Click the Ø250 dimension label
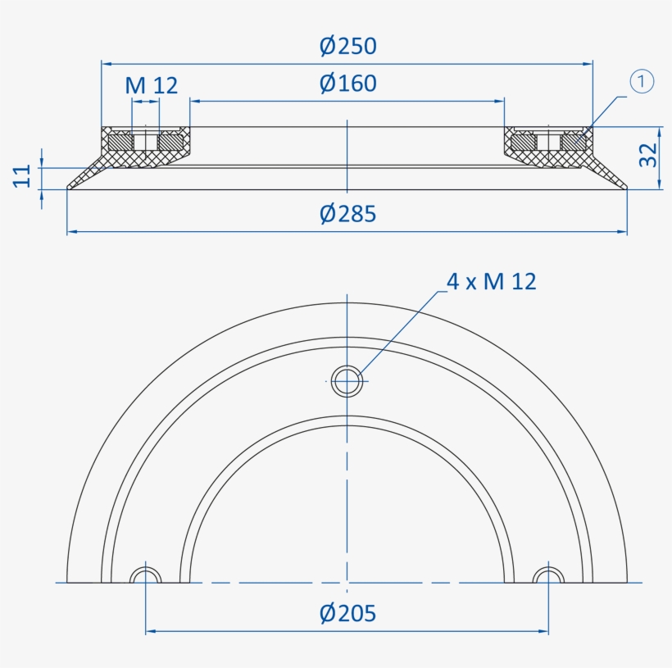tap(347, 46)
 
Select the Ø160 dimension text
tap(347, 84)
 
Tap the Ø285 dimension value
tap(347, 214)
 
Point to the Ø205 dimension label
tap(347, 613)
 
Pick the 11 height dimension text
tap(23, 175)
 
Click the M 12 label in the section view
tap(151, 85)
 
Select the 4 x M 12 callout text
tap(491, 282)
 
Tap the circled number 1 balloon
tap(642, 81)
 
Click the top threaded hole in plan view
tap(347, 379)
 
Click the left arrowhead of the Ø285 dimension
tap(71, 232)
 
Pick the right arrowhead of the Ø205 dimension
tap(544, 632)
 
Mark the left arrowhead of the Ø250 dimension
tap(106, 62)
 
